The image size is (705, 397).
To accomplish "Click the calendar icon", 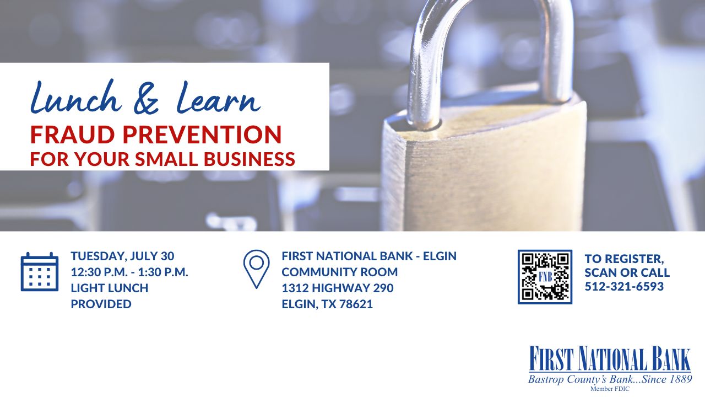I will coord(39,272).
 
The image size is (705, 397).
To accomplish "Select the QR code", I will coord(545,277).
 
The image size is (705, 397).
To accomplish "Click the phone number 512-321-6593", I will coord(624,287).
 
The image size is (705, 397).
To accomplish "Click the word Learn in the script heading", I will coord(218,99).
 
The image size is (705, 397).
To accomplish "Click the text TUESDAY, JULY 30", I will coord(122,256).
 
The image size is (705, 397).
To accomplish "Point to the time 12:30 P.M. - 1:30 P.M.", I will coord(129,272).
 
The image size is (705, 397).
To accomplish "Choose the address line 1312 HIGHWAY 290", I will coord(337,288).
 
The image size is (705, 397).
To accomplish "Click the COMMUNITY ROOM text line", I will coord(339,272).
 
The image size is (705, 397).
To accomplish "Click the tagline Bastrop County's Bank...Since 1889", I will coord(609,379).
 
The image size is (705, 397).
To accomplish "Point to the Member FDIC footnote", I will coord(609,389).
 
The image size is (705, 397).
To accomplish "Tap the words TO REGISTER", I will coord(624,257).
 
